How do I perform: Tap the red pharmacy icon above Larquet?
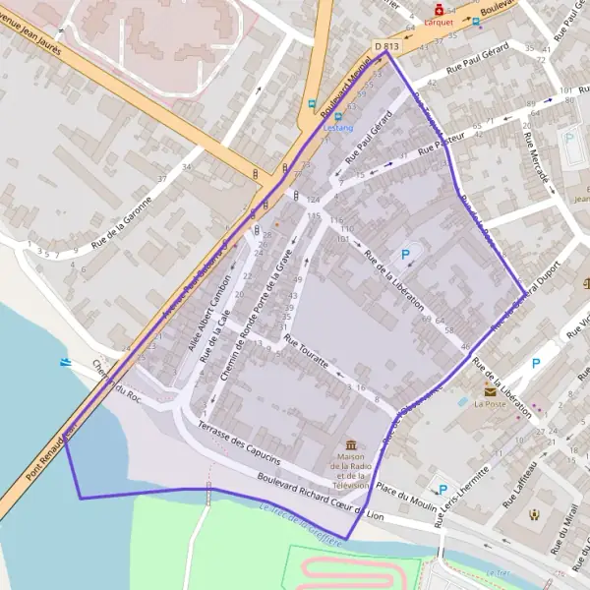[439, 8]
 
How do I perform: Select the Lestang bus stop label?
[337, 127]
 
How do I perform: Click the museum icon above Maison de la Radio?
[351, 445]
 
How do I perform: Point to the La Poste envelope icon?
[490, 390]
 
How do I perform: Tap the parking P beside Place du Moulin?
[442, 490]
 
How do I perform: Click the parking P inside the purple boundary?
[405, 254]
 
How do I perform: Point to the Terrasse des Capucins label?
[240, 443]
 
